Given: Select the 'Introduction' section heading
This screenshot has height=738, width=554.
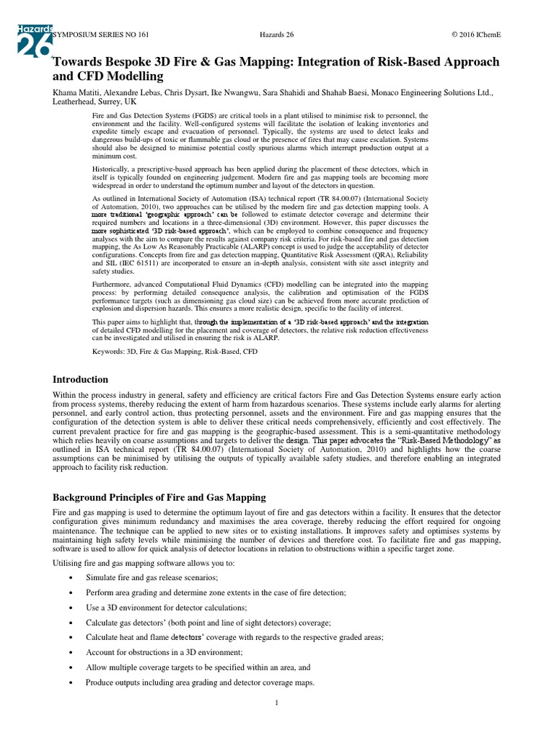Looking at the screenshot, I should coord(80,379).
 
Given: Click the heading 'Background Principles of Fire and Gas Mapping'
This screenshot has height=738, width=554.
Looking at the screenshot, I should coord(159,497).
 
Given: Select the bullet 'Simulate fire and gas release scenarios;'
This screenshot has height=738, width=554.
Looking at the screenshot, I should coord(151,578).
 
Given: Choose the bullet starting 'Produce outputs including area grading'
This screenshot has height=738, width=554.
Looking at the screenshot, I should coord(200,682).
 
